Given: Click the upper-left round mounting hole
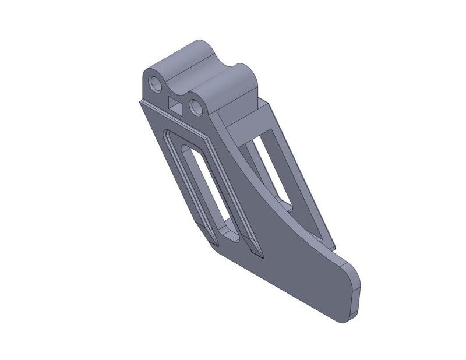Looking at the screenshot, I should [156, 85].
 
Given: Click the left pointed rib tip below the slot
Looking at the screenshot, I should [219, 245].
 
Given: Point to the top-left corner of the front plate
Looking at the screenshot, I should [140, 102].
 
